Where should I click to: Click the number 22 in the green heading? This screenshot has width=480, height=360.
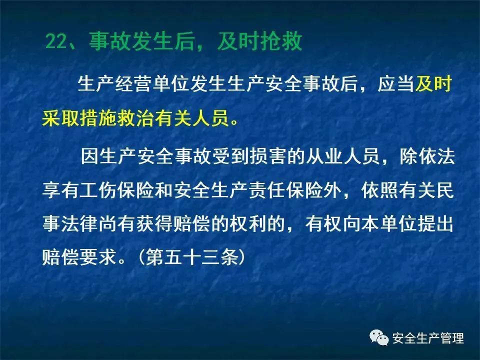point(56,41)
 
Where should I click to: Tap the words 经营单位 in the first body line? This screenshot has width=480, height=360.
point(152,83)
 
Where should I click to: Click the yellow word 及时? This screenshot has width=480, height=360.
point(433,83)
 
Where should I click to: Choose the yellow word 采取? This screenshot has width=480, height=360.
point(60,118)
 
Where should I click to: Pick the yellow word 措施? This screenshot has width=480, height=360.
point(97,118)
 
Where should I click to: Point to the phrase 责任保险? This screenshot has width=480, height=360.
point(285,190)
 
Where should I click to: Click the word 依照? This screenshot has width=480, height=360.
point(379,190)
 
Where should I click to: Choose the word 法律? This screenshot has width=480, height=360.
point(79,224)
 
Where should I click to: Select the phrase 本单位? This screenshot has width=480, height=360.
point(389,224)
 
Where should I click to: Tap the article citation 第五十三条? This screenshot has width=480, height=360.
point(192,256)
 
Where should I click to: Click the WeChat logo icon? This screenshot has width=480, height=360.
point(379,337)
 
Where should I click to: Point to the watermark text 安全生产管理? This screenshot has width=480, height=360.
point(428,338)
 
